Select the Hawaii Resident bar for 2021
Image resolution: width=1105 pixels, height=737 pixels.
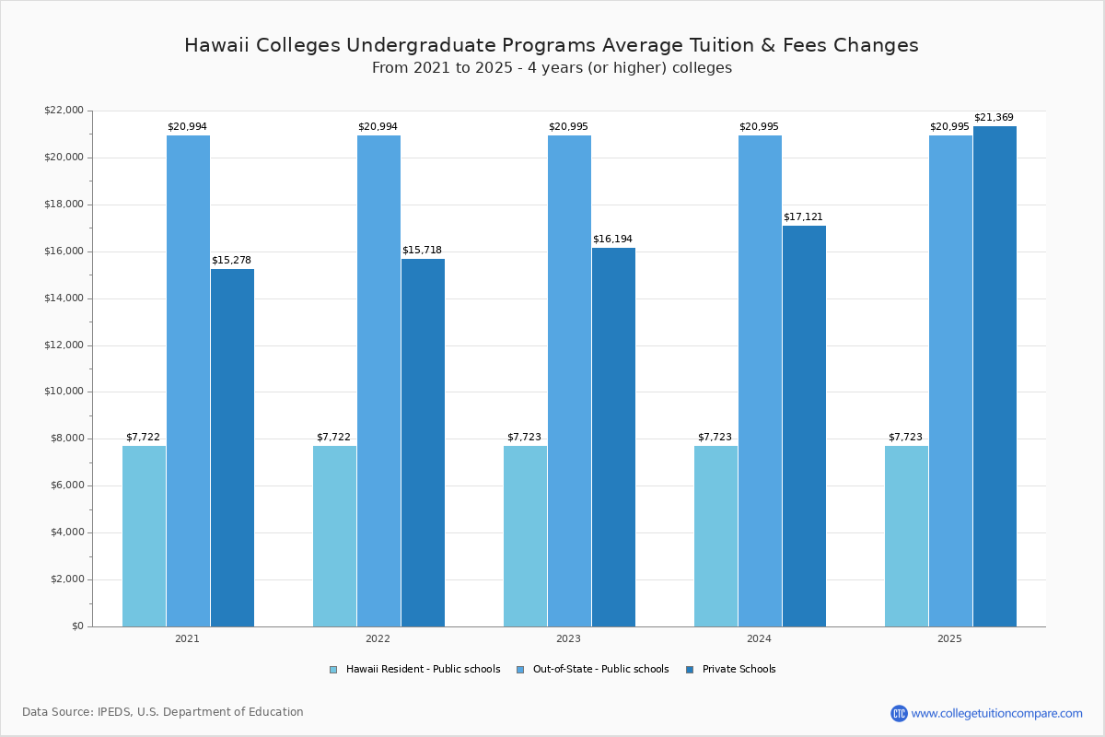click(144, 536)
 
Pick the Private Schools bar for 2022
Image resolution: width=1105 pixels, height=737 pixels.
click(423, 442)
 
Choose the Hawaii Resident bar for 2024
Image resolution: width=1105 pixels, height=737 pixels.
click(715, 536)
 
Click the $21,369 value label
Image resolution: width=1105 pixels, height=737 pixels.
click(994, 118)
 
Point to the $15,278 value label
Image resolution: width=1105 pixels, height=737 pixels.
click(231, 261)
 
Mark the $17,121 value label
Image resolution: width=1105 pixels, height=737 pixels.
click(803, 217)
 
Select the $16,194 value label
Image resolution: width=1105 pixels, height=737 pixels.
click(612, 240)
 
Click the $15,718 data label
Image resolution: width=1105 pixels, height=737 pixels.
click(422, 251)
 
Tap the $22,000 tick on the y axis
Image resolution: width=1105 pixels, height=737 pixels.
click(64, 111)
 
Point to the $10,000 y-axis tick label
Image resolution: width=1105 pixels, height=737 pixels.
click(64, 392)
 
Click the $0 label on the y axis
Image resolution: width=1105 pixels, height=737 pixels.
click(76, 626)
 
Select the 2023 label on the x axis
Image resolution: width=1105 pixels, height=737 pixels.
click(568, 638)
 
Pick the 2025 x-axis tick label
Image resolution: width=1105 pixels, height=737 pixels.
click(949, 638)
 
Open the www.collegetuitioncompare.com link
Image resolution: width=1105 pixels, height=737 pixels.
click(996, 713)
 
